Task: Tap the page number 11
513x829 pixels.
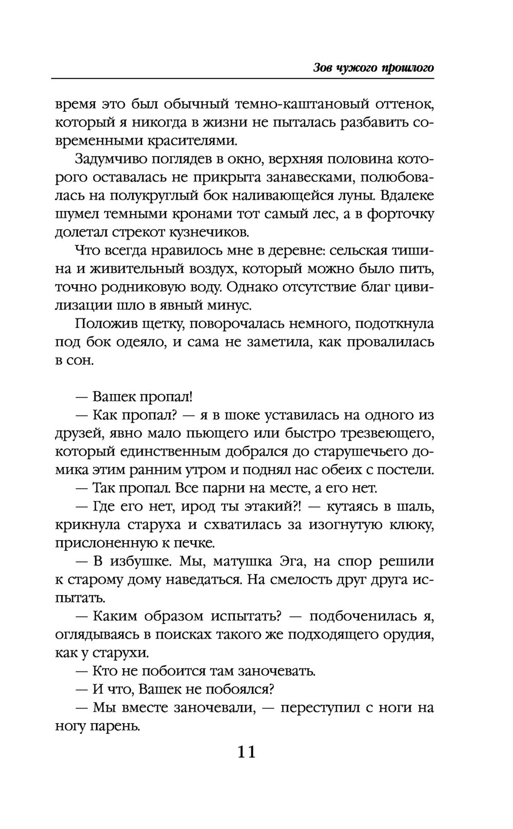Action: click(x=246, y=753)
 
